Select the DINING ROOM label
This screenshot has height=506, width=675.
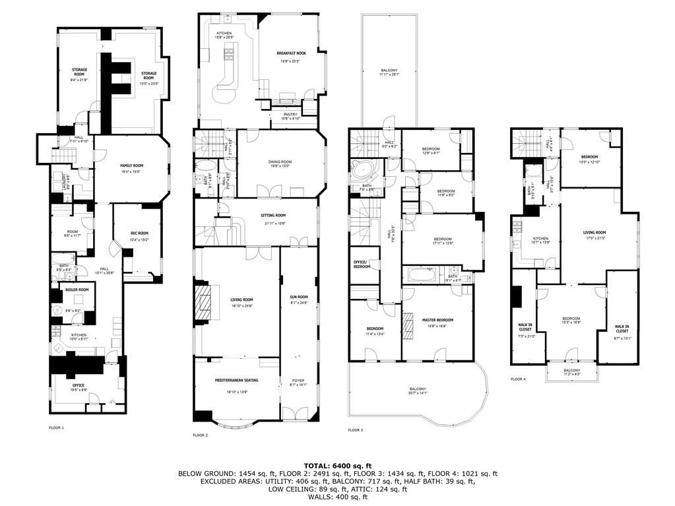280,162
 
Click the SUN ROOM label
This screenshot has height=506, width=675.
299,297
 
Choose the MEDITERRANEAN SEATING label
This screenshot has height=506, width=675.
236,381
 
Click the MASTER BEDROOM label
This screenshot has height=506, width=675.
437,320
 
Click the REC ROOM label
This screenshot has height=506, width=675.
139,233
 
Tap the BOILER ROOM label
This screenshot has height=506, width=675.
73,290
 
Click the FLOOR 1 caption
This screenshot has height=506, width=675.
57,428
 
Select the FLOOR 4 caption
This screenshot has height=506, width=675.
518,379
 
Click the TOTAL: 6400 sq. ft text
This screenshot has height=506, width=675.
337,466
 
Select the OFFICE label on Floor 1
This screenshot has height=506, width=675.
78,385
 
